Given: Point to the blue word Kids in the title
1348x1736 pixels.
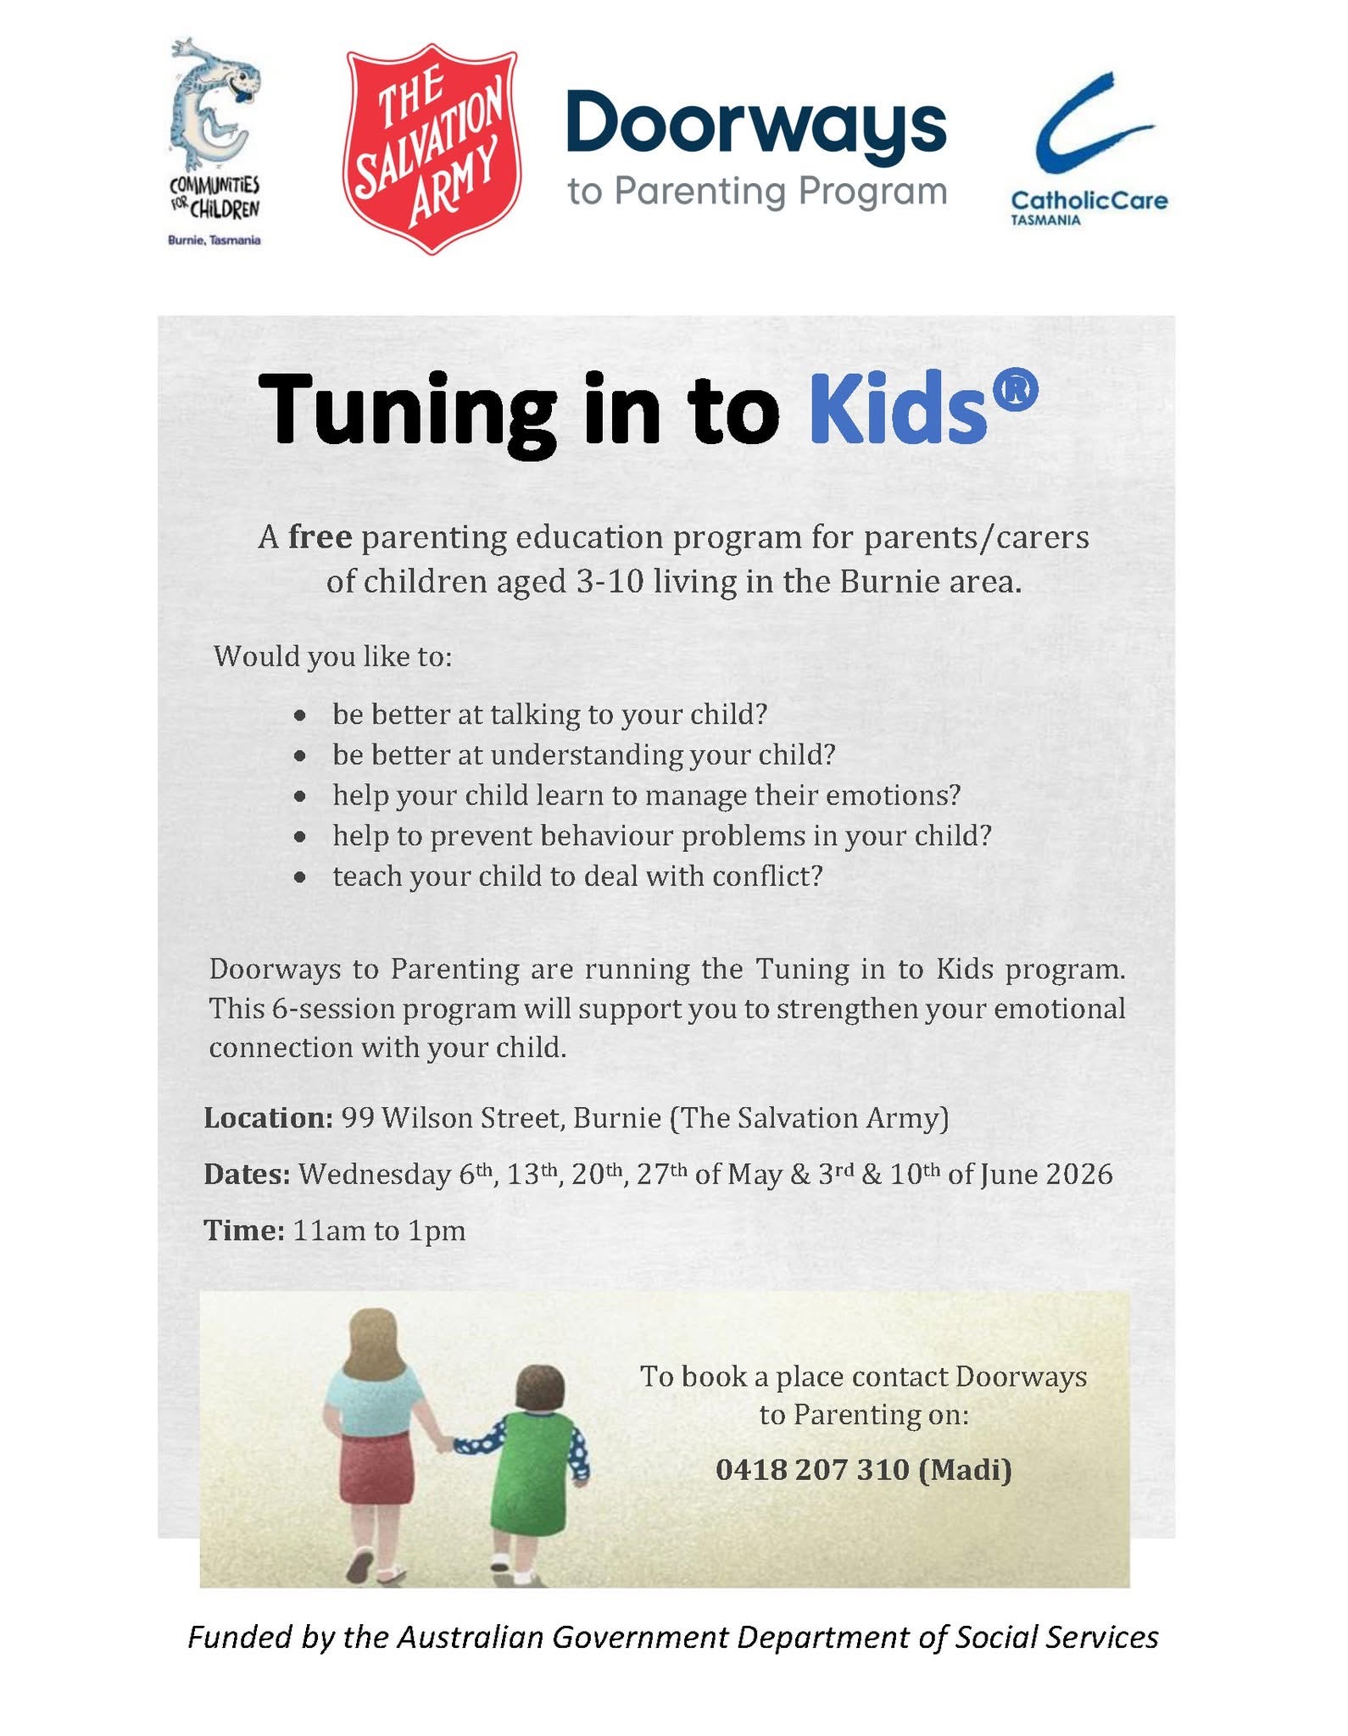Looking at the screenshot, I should pos(898,410).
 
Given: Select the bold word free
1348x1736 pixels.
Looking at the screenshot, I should pos(320,537).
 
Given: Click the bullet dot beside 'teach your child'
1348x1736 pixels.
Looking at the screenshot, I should pos(300,877).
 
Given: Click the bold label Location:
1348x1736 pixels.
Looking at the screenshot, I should pos(268,1118).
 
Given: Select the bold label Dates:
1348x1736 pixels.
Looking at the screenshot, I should pos(247,1174).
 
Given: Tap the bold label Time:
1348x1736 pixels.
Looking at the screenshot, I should pos(244,1230).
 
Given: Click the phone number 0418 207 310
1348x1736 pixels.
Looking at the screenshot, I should pos(811,1469).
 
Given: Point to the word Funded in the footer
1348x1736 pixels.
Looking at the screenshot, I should pos(240,1637).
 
